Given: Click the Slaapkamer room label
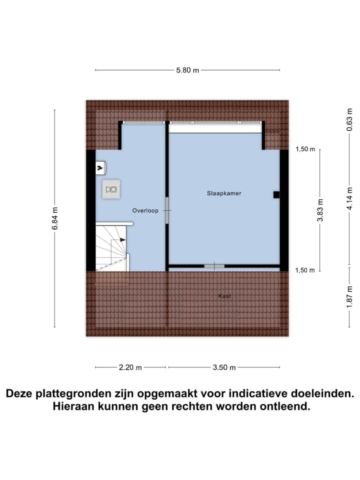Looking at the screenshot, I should tap(224, 193).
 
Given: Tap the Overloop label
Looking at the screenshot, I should tap(145, 210).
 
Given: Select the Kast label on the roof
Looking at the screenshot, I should tap(224, 296).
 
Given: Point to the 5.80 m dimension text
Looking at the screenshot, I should tap(187, 70).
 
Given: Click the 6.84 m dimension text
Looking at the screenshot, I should tap(54, 218).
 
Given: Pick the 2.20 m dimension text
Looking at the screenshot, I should tap(130, 367).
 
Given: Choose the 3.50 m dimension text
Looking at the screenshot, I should tap(224, 367).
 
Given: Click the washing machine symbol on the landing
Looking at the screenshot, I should tap(112, 189).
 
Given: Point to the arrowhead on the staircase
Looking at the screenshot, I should tap(122, 240).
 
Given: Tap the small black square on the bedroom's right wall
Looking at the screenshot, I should tap(276, 195).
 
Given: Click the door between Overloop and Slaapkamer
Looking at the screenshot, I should tap(167, 210).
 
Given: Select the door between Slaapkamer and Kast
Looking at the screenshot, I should tap(214, 265).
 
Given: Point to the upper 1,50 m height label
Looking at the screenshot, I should tap(305, 149).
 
